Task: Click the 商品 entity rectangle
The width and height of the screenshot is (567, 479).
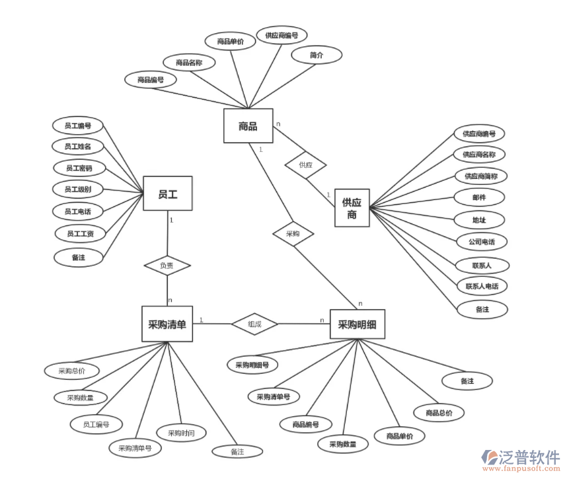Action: pos(248,126)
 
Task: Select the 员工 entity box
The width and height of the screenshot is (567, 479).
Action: pos(167,194)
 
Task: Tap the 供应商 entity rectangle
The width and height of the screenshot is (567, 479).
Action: pos(352,209)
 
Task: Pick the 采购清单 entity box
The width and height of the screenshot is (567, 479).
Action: pos(167,324)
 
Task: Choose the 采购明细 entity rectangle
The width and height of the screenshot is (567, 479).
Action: pos(357,324)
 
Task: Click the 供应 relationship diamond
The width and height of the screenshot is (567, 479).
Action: pos(305,165)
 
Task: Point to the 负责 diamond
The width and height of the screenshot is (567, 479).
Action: pos(167,266)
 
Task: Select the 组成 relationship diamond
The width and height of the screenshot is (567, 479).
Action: pos(254,324)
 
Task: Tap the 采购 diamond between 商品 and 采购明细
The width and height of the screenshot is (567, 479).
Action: pos(293,234)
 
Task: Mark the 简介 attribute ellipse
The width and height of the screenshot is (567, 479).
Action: pos(317,55)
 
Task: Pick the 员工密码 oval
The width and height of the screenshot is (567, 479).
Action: pos(78,168)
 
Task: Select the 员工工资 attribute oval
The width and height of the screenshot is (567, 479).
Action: pos(80,233)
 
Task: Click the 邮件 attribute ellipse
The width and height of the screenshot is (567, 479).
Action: pos(480,197)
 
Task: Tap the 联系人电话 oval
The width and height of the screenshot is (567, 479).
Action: pos(482,287)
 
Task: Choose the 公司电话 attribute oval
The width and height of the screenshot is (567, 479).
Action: pos(482,242)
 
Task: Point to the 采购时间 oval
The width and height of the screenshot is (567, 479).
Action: pos(181,433)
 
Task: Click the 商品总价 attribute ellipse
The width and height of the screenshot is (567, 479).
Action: pos(439,413)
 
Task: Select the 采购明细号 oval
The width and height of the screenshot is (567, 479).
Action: pos(252,364)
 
